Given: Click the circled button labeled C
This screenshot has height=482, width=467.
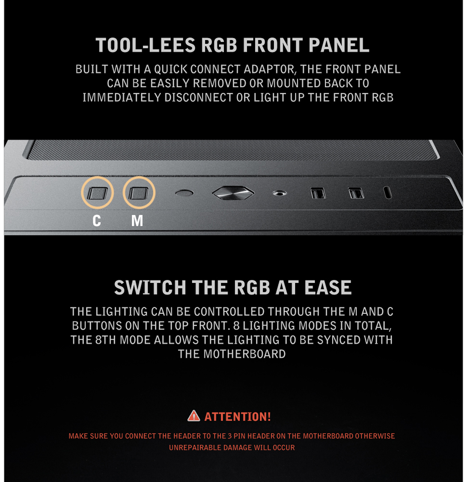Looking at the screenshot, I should point(97,193).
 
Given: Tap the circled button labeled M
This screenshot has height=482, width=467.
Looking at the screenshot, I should point(139,193).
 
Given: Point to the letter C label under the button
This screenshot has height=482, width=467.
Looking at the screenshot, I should point(97,221).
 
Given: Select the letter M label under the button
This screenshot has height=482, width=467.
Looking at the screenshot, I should point(137,221).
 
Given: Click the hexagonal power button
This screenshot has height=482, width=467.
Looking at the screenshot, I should point(233,193).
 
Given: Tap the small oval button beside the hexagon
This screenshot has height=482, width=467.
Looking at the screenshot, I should point(184,193).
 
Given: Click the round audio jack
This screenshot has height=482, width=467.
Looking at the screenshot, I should point(279,193).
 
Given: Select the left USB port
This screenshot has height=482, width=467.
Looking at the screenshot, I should point(318,193).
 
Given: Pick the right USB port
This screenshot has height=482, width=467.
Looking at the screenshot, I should point(356,193).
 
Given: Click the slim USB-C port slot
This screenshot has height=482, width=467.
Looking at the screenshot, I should point(388,192).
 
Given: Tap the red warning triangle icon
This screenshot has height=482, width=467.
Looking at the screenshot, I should point(194,416).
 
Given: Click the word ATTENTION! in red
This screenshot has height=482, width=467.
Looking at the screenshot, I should point(238,417).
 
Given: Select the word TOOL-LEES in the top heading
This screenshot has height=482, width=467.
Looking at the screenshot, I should point(146,45).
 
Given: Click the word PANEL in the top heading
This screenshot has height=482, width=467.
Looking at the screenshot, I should point(339,45).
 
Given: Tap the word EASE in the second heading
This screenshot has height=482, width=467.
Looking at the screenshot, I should point(328,288).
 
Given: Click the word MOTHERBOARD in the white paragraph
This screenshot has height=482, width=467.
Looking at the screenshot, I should point(244,354).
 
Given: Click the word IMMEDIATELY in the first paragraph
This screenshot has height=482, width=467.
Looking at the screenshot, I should point(122,98).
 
